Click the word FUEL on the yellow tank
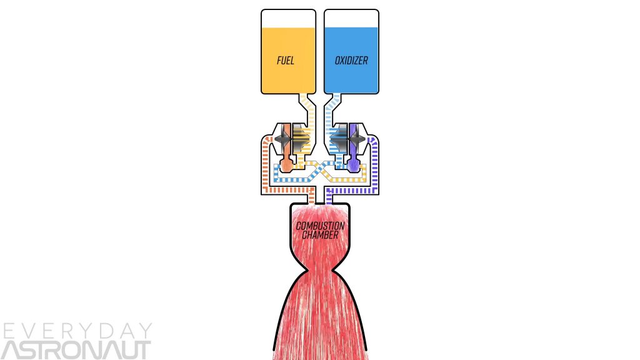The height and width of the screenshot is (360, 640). coord(286,61)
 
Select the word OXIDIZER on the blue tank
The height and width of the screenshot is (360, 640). coord(351,61)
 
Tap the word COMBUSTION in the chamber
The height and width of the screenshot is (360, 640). coord(320,226)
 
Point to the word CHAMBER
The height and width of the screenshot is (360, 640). coord(320,235)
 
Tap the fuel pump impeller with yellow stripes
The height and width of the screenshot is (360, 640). coord(301,138)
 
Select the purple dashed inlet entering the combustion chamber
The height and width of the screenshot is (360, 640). coord(329,197)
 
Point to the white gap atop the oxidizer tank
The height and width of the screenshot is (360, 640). coord(351,18)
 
